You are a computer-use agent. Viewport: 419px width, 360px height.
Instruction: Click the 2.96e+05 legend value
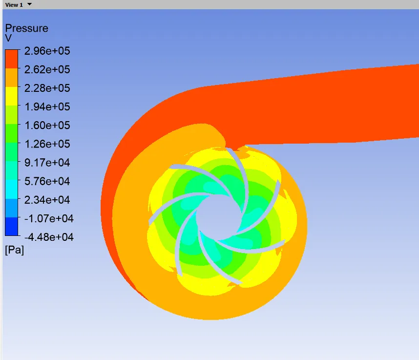click(47, 51)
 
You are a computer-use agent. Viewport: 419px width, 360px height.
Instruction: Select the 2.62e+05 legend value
click(47, 69)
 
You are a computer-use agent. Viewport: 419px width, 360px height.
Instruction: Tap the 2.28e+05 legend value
click(47, 88)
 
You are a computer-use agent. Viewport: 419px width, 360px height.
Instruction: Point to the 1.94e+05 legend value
click(47, 106)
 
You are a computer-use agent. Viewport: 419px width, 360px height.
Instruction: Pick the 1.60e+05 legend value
click(47, 126)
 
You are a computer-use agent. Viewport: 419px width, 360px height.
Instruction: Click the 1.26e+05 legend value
click(47, 144)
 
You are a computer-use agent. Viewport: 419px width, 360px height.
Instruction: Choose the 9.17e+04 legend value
click(47, 163)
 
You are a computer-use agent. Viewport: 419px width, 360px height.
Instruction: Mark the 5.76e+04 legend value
click(47, 181)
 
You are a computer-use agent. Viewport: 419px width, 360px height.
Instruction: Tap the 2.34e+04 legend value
click(47, 200)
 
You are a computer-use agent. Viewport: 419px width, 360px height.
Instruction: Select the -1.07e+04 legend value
click(49, 218)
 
